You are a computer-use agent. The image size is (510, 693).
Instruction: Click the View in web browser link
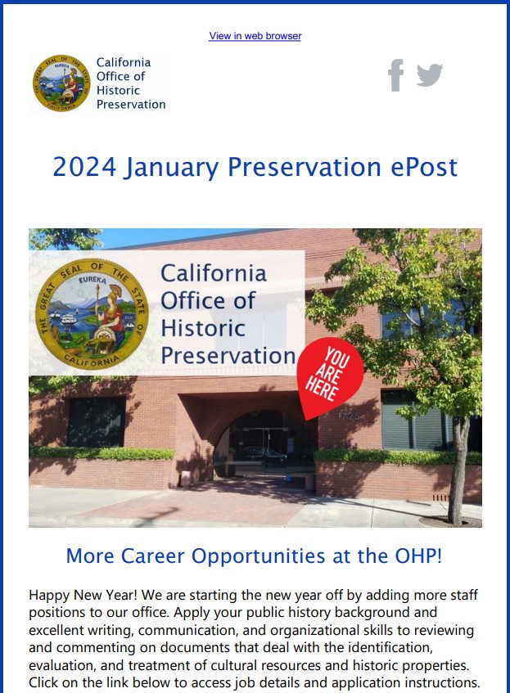255,36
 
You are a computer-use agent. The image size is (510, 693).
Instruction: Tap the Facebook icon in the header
395,75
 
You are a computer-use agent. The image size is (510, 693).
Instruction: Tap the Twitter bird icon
429,75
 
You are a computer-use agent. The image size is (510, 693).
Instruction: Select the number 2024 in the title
82,167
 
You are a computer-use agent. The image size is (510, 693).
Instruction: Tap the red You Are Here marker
329,376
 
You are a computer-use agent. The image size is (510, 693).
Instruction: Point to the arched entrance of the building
263,442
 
